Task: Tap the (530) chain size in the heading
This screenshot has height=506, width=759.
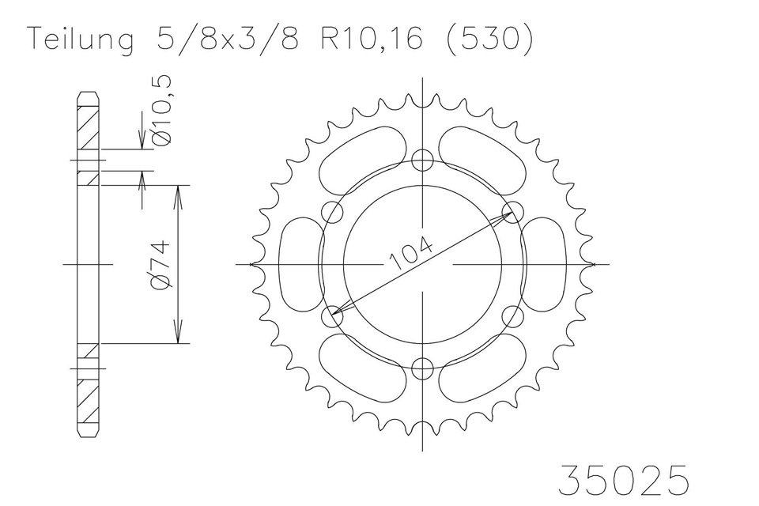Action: point(488,40)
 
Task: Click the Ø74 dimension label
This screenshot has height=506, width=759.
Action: point(157,265)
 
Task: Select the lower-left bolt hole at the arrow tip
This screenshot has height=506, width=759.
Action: point(334,316)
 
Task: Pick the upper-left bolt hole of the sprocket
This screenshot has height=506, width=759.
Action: point(334,210)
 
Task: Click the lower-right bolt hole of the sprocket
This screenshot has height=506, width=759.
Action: point(515,316)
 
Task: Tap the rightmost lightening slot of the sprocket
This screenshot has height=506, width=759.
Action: point(549,264)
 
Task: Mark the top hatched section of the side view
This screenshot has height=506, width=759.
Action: point(89,126)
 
